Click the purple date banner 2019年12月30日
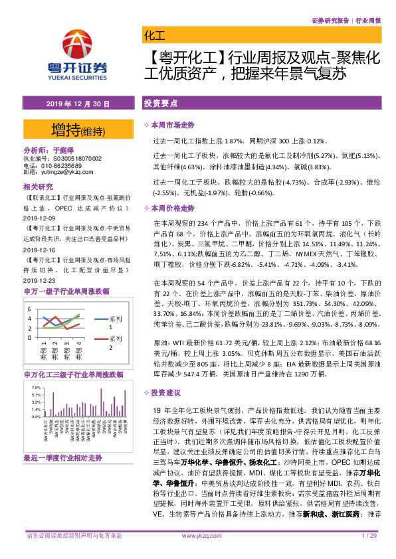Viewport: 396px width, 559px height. click(78, 105)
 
